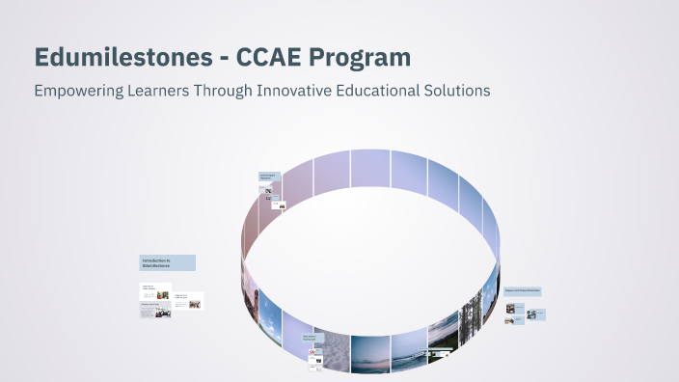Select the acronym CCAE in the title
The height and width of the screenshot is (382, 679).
[286, 57]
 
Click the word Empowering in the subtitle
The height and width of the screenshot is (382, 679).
[76, 90]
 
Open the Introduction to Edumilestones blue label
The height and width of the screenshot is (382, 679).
[168, 262]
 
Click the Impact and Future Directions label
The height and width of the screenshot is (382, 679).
[522, 289]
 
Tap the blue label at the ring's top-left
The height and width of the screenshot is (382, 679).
[268, 177]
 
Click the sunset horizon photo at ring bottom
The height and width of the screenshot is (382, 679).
[370, 354]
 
